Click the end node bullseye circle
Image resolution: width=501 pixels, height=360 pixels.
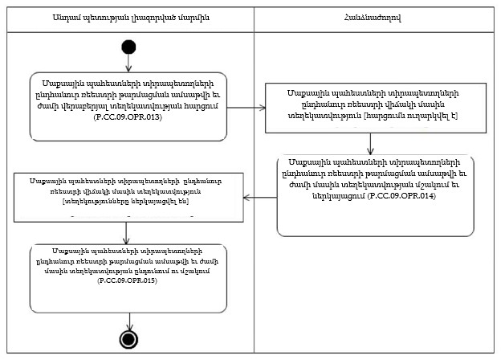point(127,339)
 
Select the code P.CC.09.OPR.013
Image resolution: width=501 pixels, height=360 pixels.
point(126,118)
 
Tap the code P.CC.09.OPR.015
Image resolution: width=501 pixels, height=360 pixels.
point(126,283)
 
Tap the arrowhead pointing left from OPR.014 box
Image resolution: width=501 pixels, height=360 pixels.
point(247,196)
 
